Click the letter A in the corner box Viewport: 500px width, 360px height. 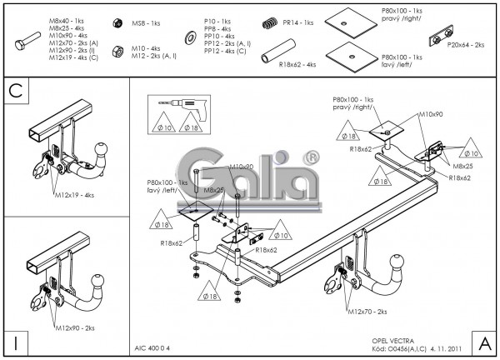(484, 342)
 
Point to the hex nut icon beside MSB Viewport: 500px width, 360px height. (116, 22)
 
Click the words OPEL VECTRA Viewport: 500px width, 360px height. (391, 342)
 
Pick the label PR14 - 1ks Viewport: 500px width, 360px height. (296, 22)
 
